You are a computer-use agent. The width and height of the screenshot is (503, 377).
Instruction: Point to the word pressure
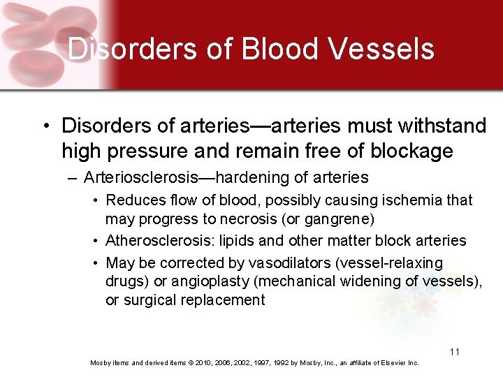(x=159, y=151)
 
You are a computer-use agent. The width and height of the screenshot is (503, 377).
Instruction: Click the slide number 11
(x=454, y=352)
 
